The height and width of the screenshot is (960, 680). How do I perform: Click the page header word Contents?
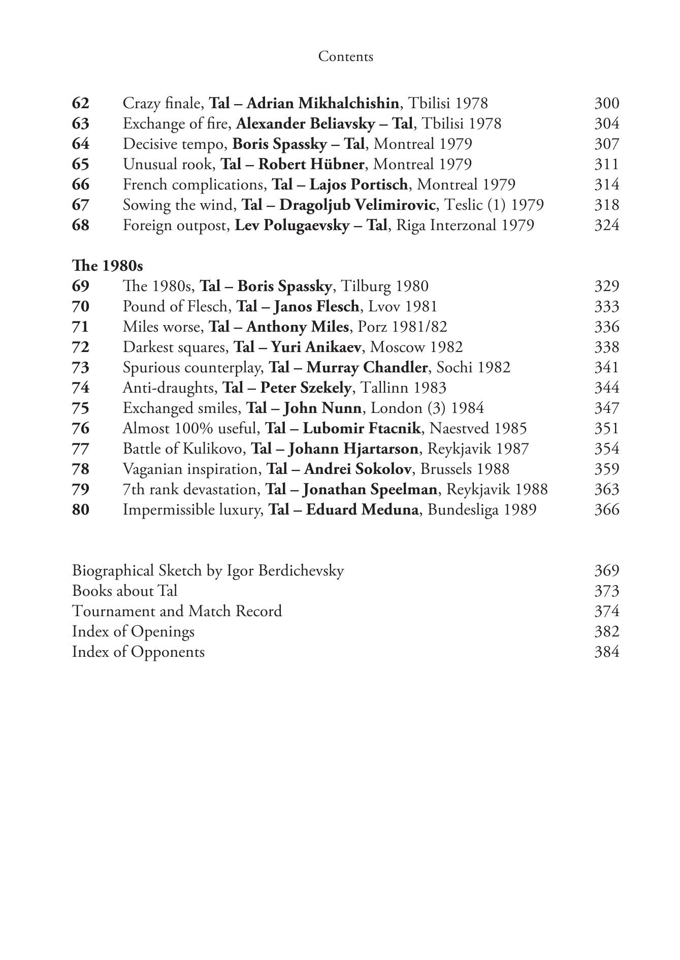pyautogui.click(x=345, y=56)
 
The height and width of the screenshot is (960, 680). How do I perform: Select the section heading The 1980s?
pyautogui.click(x=107, y=266)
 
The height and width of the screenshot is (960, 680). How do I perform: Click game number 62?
pyautogui.click(x=81, y=103)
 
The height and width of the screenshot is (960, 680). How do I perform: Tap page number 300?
pyautogui.click(x=606, y=103)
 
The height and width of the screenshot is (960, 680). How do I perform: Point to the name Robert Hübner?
pyautogui.click(x=311, y=164)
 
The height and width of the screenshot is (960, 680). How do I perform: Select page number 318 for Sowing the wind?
pyautogui.click(x=606, y=205)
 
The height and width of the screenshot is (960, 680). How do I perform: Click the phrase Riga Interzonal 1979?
pyautogui.click(x=465, y=225)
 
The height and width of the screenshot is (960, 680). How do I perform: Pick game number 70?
pyautogui.click(x=81, y=306)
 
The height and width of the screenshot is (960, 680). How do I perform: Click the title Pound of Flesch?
pyautogui.click(x=175, y=306)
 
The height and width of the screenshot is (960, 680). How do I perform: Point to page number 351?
pyautogui.click(x=606, y=428)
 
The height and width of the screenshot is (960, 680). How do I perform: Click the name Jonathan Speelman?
pyautogui.click(x=370, y=489)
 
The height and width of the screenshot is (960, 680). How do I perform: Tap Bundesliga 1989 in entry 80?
pyautogui.click(x=481, y=509)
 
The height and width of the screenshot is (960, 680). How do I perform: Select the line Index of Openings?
pyautogui.click(x=133, y=631)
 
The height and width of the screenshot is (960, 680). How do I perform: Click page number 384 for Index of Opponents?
pyautogui.click(x=606, y=652)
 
